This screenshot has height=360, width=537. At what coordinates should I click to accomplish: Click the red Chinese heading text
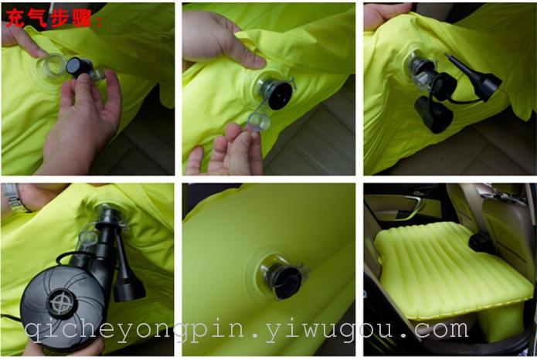[x=54, y=18]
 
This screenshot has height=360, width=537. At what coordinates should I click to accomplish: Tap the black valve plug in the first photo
[x=79, y=66]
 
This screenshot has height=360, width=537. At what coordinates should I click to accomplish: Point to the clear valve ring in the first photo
[x=51, y=66]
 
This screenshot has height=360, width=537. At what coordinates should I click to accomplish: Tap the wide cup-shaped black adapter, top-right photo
[x=433, y=114]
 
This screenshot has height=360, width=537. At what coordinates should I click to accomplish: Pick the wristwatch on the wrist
[x=13, y=198]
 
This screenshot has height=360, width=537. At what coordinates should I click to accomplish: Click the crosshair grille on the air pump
[x=62, y=303]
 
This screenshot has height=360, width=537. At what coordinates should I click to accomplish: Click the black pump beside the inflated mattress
[x=480, y=242]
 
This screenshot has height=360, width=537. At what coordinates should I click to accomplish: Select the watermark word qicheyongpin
[x=134, y=331]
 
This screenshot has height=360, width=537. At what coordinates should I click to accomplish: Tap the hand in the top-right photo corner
[x=386, y=15]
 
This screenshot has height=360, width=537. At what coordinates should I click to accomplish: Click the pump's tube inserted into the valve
[x=106, y=236]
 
